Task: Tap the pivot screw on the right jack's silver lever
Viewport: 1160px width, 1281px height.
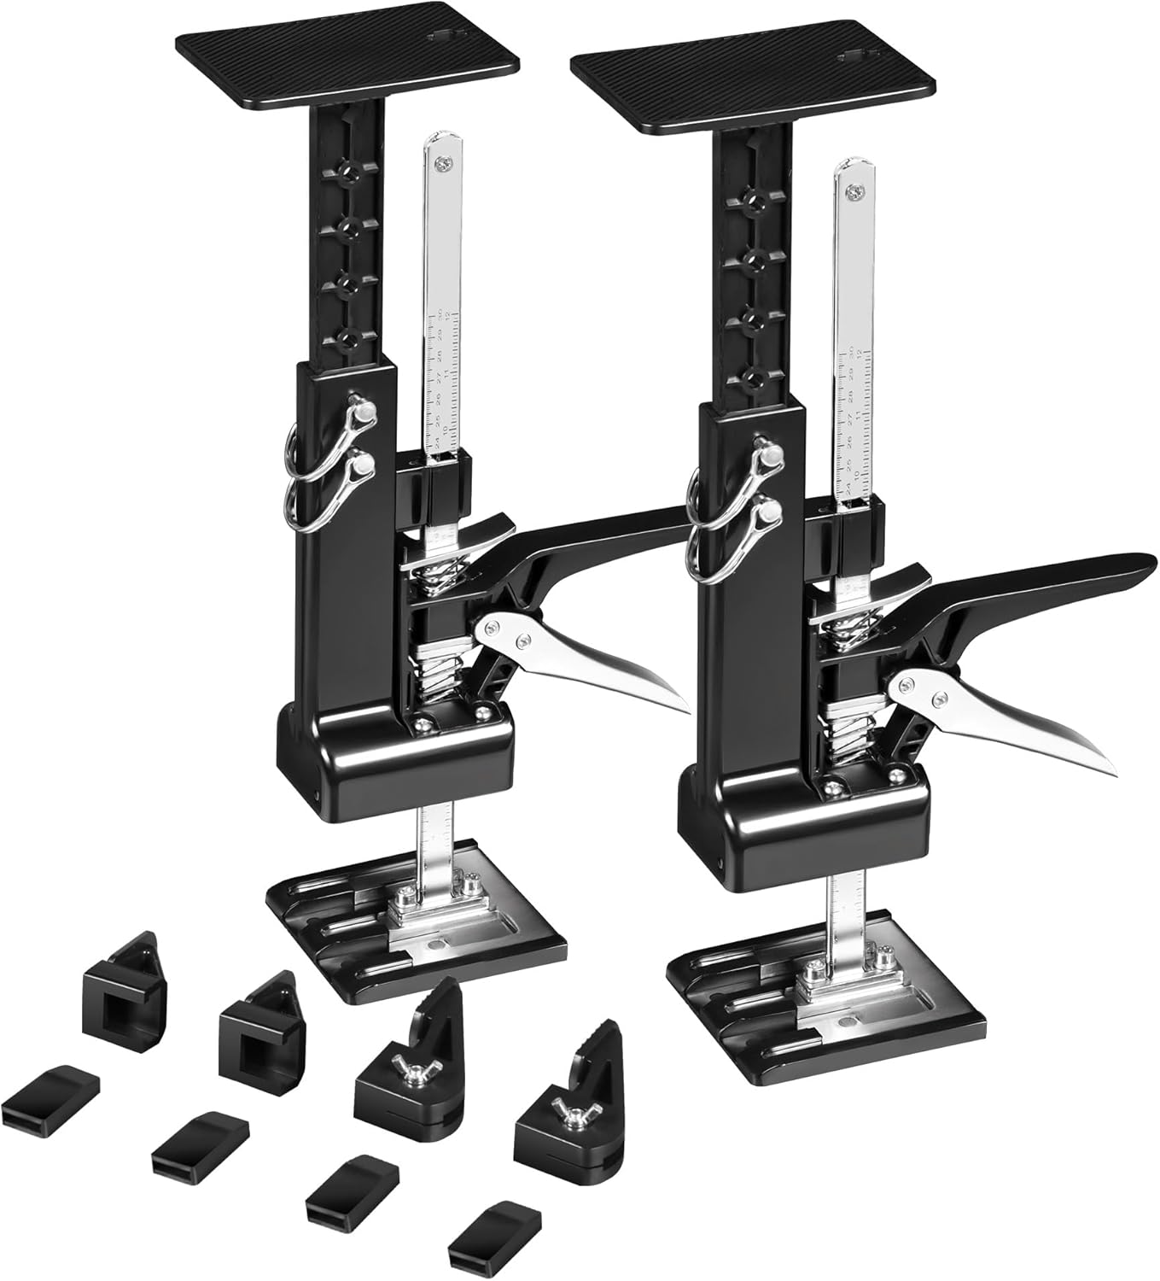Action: pos(906,681)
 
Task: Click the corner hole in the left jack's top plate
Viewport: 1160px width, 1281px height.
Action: pos(446,38)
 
